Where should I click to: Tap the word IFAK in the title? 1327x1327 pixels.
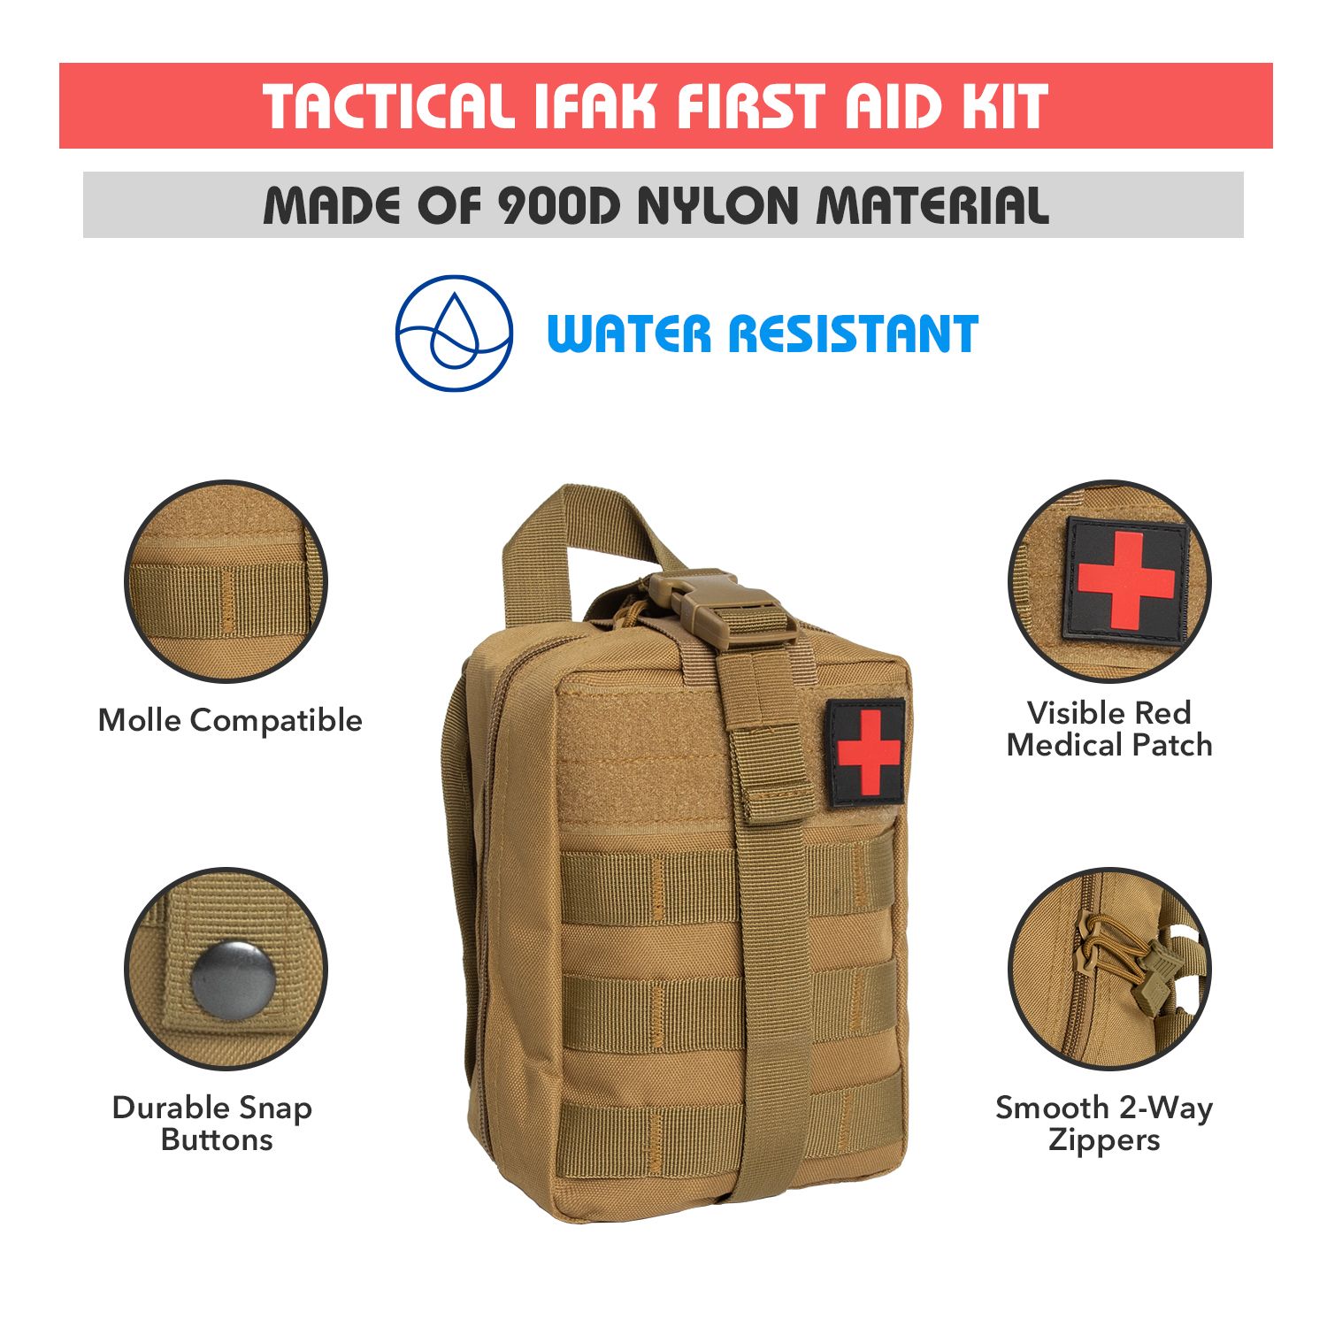coord(596,106)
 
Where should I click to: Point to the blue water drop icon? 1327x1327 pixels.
coord(454,334)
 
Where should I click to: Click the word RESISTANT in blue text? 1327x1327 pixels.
coord(853,334)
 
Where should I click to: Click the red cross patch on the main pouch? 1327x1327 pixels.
coord(866,753)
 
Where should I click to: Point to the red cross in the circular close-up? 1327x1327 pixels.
coord(1125,581)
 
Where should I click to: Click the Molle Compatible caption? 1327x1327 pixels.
coord(230,720)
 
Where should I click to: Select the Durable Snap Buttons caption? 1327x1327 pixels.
coord(213,1124)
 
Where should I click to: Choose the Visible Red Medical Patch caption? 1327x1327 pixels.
coord(1109,729)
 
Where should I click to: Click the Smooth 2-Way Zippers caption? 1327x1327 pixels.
coord(1104,1124)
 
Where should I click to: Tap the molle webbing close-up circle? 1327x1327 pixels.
coord(226,581)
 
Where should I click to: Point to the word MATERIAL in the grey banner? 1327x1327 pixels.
coord(932,206)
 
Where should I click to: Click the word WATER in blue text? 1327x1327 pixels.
coord(629,334)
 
